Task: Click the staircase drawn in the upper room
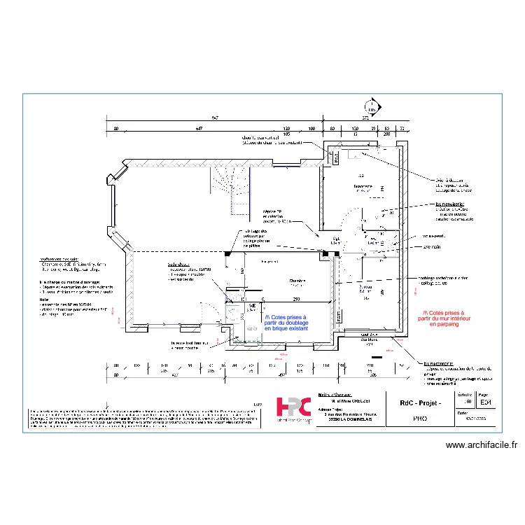pos(231,189)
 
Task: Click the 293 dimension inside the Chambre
pos(297,299)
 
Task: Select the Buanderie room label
pos(363,187)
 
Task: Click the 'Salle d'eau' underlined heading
pos(178,265)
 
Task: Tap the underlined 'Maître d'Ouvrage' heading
pos(334,395)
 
